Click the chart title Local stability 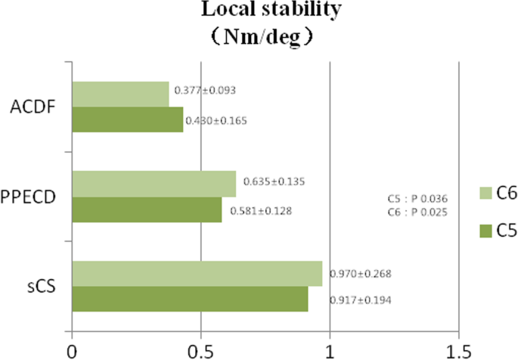(259, 11)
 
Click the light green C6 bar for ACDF (120, 94)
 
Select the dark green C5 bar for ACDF (128, 119)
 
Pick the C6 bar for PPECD (154, 183)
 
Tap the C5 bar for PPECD (147, 209)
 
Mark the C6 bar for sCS (197, 274)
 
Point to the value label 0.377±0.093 (205, 90)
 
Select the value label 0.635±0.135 (275, 182)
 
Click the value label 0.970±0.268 (360, 273)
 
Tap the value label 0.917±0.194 (360, 301)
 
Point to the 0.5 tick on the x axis (200, 349)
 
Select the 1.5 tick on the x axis (458, 349)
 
